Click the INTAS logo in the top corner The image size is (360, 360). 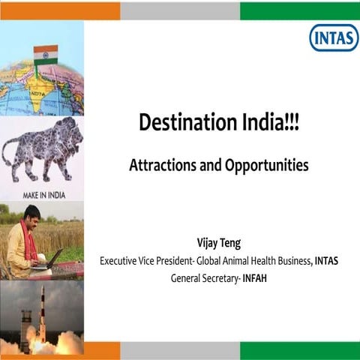(x=333, y=37)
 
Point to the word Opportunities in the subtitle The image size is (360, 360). (x=266, y=166)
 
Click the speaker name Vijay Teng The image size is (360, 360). (x=219, y=242)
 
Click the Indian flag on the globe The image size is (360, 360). (x=46, y=55)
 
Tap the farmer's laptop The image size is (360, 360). (x=49, y=259)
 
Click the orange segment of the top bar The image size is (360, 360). (x=60, y=10)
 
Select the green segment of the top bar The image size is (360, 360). (x=300, y=10)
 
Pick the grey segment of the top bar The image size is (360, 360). (x=180, y=10)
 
